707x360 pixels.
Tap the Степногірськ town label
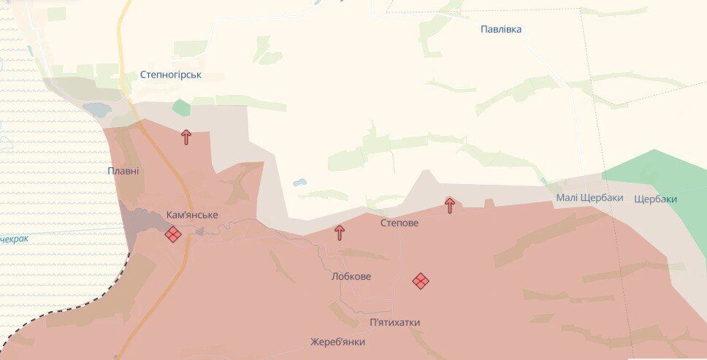tap(171, 74)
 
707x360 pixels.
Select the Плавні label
tap(123, 171)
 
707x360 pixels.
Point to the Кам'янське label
tap(192, 215)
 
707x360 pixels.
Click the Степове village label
tap(400, 223)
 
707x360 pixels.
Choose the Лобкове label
tap(351, 277)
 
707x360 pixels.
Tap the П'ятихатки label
tap(395, 322)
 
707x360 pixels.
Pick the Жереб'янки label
tap(337, 342)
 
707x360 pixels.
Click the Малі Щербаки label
tap(589, 198)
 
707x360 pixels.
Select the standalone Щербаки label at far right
tap(655, 199)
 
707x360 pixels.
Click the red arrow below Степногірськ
tap(186, 137)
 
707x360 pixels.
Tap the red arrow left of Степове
tap(340, 233)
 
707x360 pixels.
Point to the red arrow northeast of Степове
tap(450, 205)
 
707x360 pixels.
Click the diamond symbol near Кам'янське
tap(173, 234)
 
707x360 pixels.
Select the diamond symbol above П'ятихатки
tap(421, 280)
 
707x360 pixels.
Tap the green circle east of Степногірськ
tap(181, 107)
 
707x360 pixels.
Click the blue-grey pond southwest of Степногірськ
tap(96, 110)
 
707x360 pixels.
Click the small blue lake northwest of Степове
tap(300, 183)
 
